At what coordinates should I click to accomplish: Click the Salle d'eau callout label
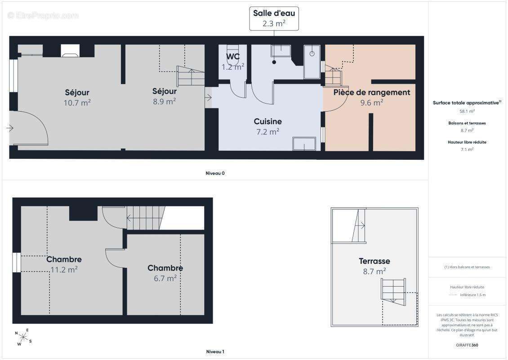274,18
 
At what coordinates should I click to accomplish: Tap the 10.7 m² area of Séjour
77,103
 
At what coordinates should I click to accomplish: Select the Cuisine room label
267,121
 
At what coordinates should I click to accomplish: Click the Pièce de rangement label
372,92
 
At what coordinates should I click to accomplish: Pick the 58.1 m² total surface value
467,111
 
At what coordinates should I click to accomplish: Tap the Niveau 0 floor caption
215,173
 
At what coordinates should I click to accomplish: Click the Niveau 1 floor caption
215,351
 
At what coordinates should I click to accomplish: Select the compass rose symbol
23,337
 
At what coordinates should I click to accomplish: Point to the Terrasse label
374,261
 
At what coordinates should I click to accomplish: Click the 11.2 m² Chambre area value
64,270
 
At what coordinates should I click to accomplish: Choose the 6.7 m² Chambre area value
165,279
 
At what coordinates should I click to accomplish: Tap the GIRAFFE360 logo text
467,345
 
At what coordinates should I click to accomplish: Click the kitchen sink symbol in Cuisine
304,144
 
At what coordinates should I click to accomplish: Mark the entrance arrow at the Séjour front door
10,128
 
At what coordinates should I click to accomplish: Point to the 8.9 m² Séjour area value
164,102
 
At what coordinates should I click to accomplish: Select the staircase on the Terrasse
393,291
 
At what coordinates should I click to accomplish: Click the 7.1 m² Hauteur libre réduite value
467,149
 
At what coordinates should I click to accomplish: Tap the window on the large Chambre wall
17,262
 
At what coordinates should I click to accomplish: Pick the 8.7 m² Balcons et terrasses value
467,130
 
